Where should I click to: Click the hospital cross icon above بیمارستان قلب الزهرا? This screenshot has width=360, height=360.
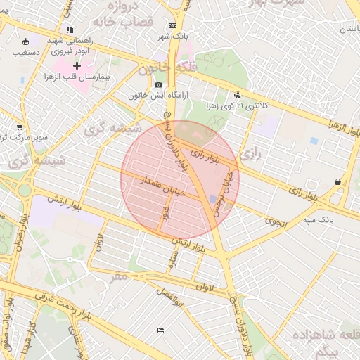(77, 65)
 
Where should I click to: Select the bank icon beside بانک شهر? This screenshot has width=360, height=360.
(172, 26)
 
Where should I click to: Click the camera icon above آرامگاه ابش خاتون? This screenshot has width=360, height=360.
(159, 85)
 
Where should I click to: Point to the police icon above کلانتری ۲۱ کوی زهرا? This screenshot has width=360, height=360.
(237, 95)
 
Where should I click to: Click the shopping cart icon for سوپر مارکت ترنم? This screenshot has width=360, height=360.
(19, 128)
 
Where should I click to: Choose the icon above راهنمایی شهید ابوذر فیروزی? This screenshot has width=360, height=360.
(69, 30)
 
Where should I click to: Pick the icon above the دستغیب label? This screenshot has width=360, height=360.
(26, 41)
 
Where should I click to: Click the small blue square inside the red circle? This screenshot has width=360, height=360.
(213, 200)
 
